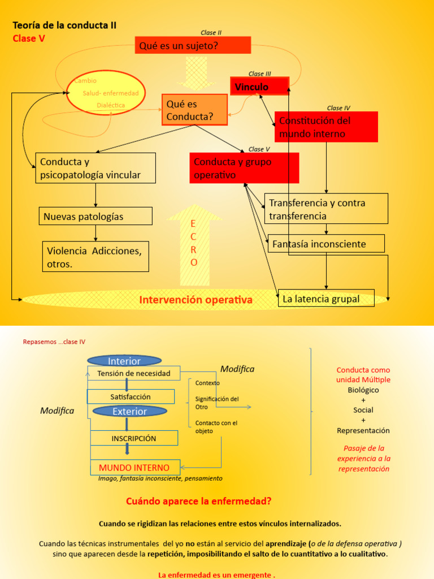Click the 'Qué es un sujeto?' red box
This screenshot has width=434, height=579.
click(x=193, y=45)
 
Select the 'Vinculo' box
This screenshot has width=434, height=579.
click(x=259, y=87)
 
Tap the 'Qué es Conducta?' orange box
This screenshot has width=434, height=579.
click(x=194, y=110)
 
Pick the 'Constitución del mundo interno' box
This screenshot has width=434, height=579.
click(x=326, y=127)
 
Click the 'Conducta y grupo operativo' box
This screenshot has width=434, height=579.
click(x=244, y=168)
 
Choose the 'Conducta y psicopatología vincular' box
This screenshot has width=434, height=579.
click(x=96, y=168)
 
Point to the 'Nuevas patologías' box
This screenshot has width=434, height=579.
click(x=96, y=216)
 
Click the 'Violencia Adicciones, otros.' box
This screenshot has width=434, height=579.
click(x=96, y=257)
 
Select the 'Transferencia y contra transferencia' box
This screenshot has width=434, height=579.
click(x=326, y=209)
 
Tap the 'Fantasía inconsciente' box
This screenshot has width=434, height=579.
click(x=326, y=244)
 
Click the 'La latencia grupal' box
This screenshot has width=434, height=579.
click(x=326, y=299)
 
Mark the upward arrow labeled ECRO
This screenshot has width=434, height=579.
click(x=194, y=243)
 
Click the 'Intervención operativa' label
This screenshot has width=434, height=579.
click(x=196, y=300)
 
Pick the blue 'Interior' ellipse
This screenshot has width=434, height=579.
click(x=124, y=361)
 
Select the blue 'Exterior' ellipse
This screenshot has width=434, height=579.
click(x=129, y=411)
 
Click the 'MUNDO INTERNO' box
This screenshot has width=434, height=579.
click(x=134, y=468)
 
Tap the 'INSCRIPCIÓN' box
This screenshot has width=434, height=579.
click(x=134, y=438)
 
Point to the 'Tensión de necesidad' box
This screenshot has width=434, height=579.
click(x=134, y=373)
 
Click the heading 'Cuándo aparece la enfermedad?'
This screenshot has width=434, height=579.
click(x=198, y=501)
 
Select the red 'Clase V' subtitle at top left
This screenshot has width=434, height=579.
click(x=29, y=38)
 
